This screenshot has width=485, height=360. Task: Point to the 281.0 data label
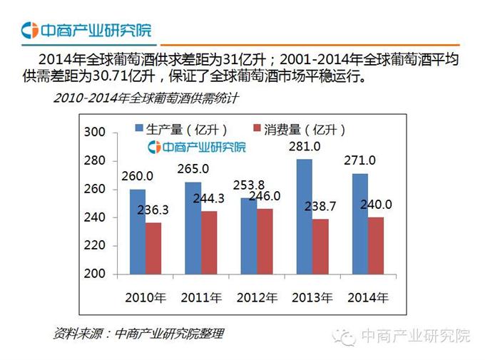point(304,147)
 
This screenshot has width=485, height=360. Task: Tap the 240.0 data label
point(375,205)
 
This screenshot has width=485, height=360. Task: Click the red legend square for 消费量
point(257,129)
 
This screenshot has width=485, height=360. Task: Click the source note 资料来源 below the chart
point(138,333)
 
